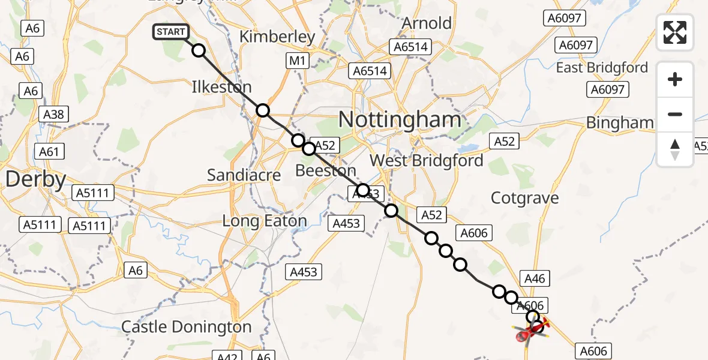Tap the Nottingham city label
tap(400, 120)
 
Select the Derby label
tap(35, 179)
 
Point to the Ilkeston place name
tap(221, 87)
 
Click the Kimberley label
tap(277, 37)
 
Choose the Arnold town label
tap(427, 23)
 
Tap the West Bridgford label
tap(426, 161)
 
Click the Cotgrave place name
tap(524, 198)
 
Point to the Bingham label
tap(619, 123)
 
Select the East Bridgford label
tap(602, 68)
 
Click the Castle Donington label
tap(186, 327)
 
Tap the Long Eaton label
tap(265, 221)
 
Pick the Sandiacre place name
tap(244, 175)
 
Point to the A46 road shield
tap(535, 278)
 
